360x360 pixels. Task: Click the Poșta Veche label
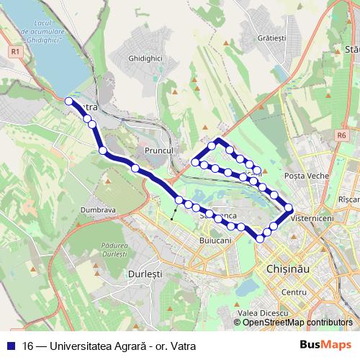click(307, 176)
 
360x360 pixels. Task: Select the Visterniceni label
click(311, 216)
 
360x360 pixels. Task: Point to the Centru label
click(294, 292)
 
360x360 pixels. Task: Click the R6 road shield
click(341, 135)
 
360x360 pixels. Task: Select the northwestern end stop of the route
click(69, 102)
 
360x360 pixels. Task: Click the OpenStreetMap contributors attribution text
click(297, 323)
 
